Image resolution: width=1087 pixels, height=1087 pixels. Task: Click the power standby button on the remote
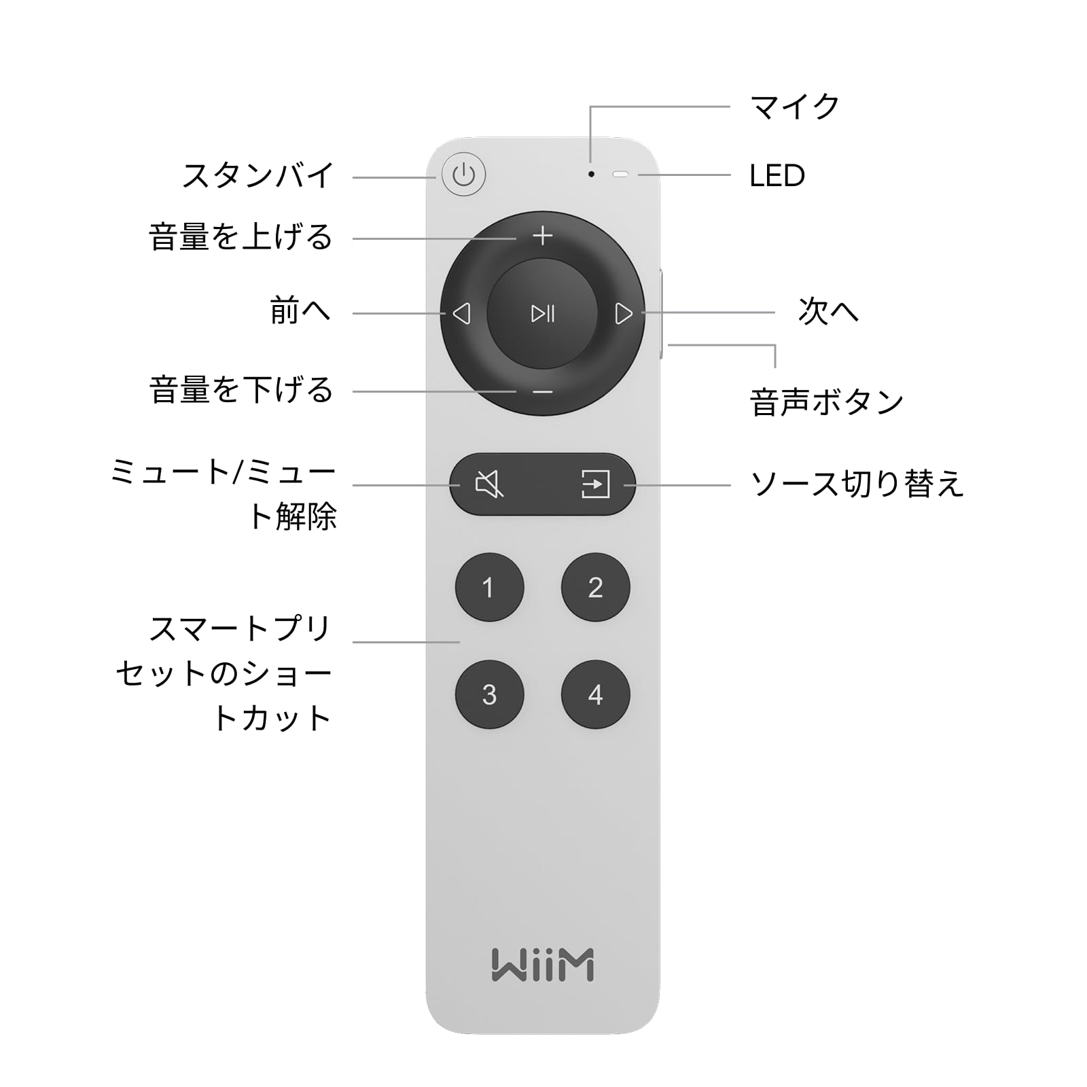click(x=463, y=175)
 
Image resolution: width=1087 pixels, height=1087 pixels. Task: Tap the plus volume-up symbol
click(x=542, y=236)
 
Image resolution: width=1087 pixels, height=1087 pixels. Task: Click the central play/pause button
click(x=542, y=313)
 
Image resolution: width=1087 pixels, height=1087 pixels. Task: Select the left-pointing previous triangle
click(x=462, y=313)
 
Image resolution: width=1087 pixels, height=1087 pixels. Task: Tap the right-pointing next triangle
click(x=623, y=313)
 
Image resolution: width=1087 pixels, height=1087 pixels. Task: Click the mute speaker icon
click(x=489, y=484)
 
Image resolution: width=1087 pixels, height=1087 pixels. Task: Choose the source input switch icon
click(x=595, y=484)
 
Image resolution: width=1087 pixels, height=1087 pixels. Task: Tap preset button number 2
click(x=595, y=588)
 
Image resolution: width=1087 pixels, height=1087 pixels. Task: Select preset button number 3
click(x=489, y=694)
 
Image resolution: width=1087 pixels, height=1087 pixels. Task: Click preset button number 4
click(x=595, y=694)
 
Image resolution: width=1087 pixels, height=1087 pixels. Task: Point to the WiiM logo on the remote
click(x=542, y=965)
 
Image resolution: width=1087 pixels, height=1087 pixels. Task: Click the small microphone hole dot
click(x=591, y=175)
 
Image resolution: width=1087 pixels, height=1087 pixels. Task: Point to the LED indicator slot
click(x=620, y=175)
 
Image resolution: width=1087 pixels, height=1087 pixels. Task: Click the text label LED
click(x=777, y=176)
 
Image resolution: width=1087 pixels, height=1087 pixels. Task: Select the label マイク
click(x=794, y=107)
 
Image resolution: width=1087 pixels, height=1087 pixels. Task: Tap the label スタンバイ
click(x=258, y=175)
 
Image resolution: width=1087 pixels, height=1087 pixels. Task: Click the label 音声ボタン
click(x=826, y=402)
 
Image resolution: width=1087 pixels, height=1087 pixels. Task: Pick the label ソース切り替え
click(x=857, y=484)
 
